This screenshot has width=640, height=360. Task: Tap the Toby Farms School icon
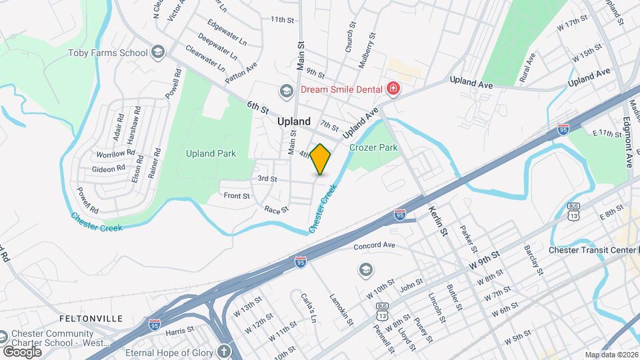[x=158, y=52]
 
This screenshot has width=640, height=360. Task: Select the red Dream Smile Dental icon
[x=393, y=89]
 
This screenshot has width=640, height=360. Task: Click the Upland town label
[x=294, y=121]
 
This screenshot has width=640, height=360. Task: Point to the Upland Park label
[x=211, y=153]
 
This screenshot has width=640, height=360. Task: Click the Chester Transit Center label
[x=590, y=250]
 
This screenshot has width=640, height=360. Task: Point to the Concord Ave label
[x=375, y=246]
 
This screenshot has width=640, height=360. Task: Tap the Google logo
[x=22, y=351]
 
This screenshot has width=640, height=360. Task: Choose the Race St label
[x=276, y=209]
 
